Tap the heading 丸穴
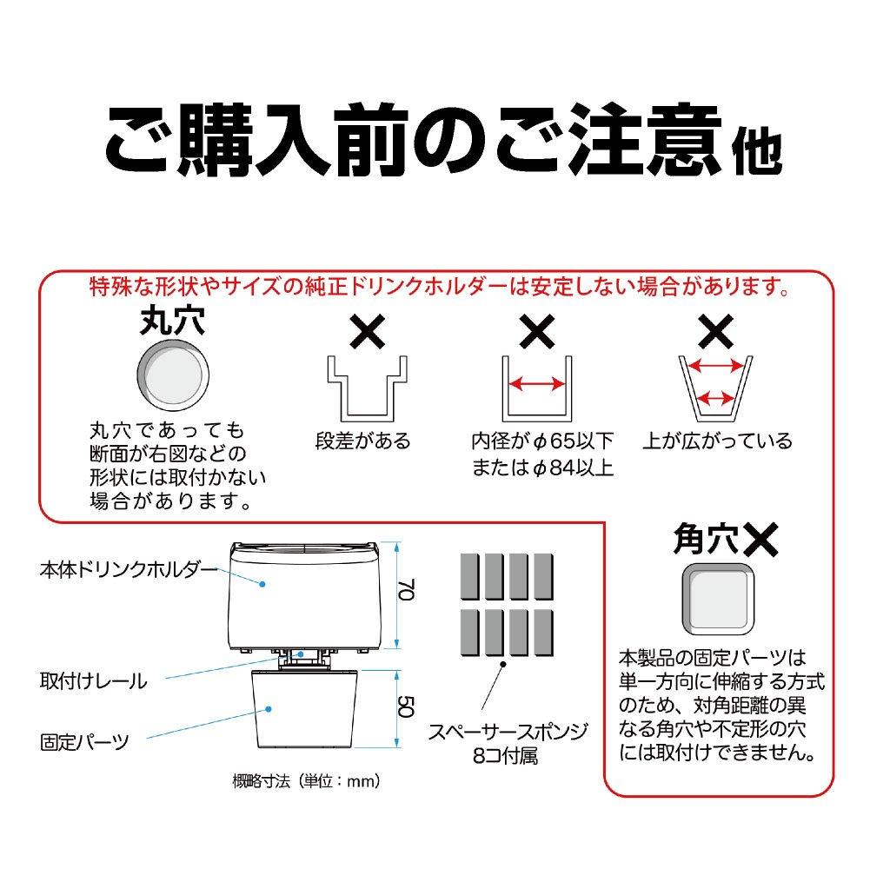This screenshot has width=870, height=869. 172,323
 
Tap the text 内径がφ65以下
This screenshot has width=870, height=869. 541,441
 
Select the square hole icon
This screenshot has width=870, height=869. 717,598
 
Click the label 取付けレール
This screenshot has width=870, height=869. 93,680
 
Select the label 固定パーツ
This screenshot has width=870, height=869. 84,742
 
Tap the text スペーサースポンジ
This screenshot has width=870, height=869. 499,732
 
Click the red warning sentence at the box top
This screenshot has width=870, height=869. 440,285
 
